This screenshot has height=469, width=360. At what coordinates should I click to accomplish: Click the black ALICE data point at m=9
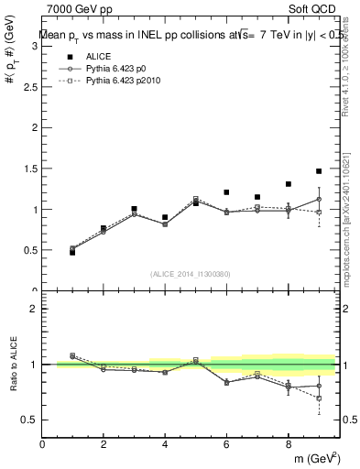(319, 171)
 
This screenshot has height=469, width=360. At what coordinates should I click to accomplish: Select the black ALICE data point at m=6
(226, 192)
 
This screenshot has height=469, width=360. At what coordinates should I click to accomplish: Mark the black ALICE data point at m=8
(288, 184)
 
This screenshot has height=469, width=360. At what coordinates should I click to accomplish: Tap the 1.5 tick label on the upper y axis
(30, 169)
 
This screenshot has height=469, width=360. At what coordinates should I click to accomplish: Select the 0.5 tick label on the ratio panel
(30, 420)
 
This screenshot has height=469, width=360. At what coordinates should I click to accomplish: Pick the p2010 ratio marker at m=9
(319, 398)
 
